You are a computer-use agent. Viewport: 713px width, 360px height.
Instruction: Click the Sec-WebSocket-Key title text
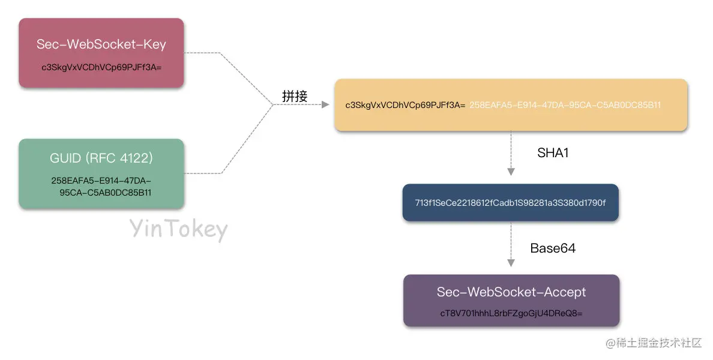coord(101,44)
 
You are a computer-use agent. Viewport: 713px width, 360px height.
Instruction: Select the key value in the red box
coord(101,67)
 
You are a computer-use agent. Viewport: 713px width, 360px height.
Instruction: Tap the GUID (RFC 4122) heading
coord(101,158)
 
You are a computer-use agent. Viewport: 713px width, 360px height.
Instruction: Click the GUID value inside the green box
coord(101,187)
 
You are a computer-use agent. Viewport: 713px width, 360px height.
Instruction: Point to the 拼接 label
coord(295,95)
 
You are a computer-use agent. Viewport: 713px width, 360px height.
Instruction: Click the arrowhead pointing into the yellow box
coord(325,105)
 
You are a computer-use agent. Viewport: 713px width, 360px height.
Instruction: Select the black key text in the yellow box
coord(405,105)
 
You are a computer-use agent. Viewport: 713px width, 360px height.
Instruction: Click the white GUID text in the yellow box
coord(565,105)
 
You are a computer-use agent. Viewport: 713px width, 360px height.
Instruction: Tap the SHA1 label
coord(553,153)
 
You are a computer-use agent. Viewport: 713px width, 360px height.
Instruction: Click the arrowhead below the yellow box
coord(511,172)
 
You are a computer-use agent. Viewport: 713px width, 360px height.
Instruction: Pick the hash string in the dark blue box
coord(510,203)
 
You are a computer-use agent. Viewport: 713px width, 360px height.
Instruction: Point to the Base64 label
coord(553,248)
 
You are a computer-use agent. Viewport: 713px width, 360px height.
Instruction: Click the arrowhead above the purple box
coord(511,263)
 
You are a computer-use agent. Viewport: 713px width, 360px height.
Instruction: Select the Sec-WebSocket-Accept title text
coord(511,292)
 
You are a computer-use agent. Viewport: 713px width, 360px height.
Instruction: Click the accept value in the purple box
coord(511,314)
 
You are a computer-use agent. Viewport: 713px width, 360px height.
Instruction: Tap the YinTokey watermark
coord(179,230)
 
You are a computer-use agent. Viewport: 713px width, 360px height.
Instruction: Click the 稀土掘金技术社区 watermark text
coord(660,343)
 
